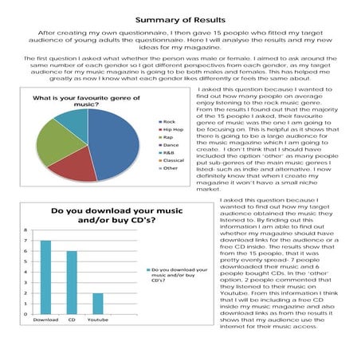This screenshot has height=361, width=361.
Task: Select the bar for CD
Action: [71, 282]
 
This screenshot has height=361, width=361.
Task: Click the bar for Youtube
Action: [98, 303]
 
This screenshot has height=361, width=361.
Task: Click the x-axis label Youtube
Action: [98, 320]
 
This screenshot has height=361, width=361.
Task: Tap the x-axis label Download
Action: [46, 320]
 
